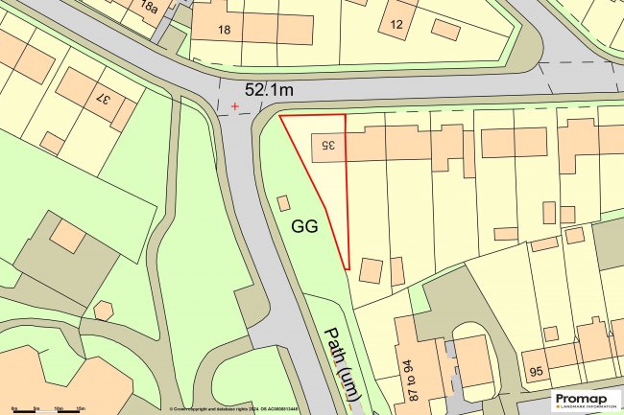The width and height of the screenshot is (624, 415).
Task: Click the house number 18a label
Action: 149,9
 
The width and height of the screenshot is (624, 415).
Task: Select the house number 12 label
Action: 396,22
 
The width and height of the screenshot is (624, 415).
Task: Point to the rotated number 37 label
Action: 100,96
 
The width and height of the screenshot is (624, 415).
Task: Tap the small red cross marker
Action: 234,106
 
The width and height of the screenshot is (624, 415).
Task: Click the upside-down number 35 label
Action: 325,144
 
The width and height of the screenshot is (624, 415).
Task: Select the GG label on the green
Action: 304,228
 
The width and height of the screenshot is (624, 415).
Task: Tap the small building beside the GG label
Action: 283,203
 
